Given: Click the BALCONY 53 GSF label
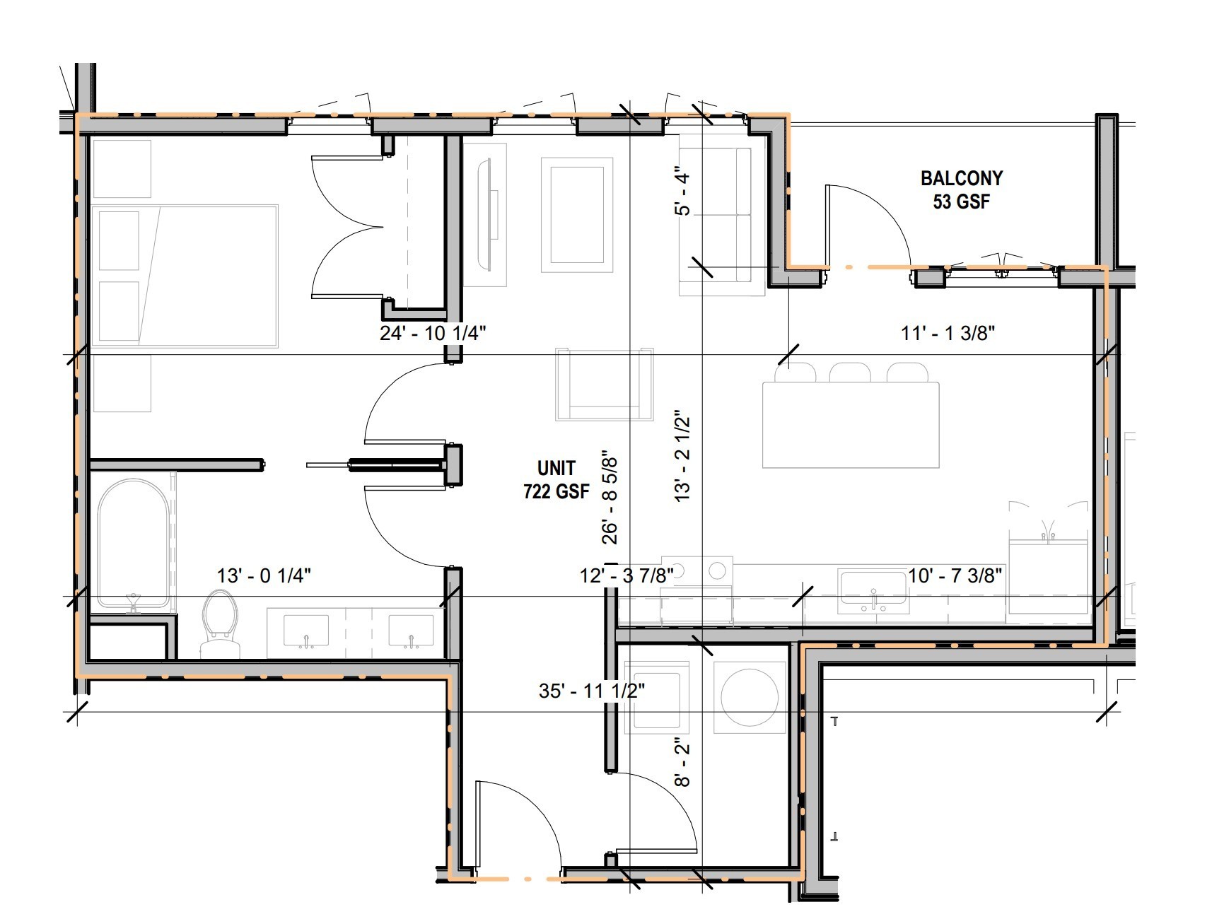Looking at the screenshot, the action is tap(961, 189).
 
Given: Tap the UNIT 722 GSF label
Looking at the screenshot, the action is tap(557, 479).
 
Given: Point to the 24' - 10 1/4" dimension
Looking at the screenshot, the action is tap(433, 333).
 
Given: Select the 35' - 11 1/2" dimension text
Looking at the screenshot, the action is tap(592, 690).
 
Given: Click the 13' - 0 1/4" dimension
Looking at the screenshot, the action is tap(264, 575).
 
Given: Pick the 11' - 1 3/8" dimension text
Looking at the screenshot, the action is tap(948, 333).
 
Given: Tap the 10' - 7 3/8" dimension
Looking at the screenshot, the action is tap(955, 575).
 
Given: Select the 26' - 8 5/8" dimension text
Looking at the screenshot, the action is tap(609, 498).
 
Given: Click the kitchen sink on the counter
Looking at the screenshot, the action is tap(873, 590).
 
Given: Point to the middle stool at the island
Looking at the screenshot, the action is tap(849, 373).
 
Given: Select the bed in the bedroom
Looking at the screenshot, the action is tap(184, 276).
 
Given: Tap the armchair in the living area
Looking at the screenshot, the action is tap(605, 385).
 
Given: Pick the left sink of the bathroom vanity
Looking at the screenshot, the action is tap(306, 631).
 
